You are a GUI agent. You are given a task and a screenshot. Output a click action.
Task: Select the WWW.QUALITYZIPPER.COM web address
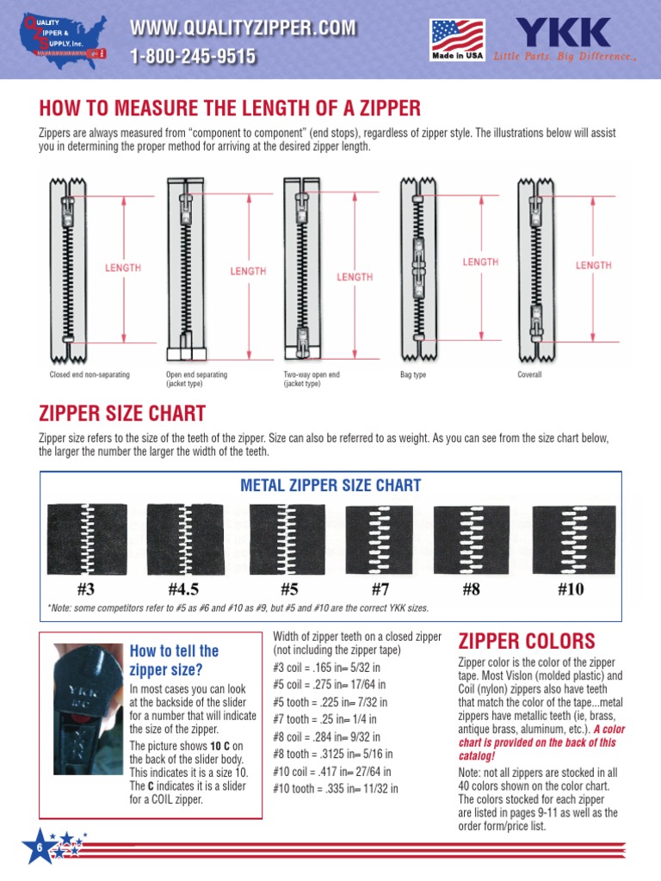242,28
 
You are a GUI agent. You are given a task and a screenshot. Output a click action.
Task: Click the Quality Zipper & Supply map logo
62,40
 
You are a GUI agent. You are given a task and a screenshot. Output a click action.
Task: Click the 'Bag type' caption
413,376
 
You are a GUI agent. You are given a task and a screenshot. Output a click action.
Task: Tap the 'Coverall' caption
529,376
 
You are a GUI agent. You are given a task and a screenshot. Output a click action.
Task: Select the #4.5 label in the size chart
183,589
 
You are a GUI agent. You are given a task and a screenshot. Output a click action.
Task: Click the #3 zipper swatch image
86,539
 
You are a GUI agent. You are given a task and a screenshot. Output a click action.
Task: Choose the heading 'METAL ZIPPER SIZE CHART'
330,485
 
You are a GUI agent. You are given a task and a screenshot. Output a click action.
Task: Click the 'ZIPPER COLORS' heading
526,641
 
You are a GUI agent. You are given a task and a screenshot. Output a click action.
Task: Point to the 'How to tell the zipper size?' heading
174,660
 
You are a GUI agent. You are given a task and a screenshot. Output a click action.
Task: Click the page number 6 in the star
40,848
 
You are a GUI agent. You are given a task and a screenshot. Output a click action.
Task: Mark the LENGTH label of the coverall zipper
593,265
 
